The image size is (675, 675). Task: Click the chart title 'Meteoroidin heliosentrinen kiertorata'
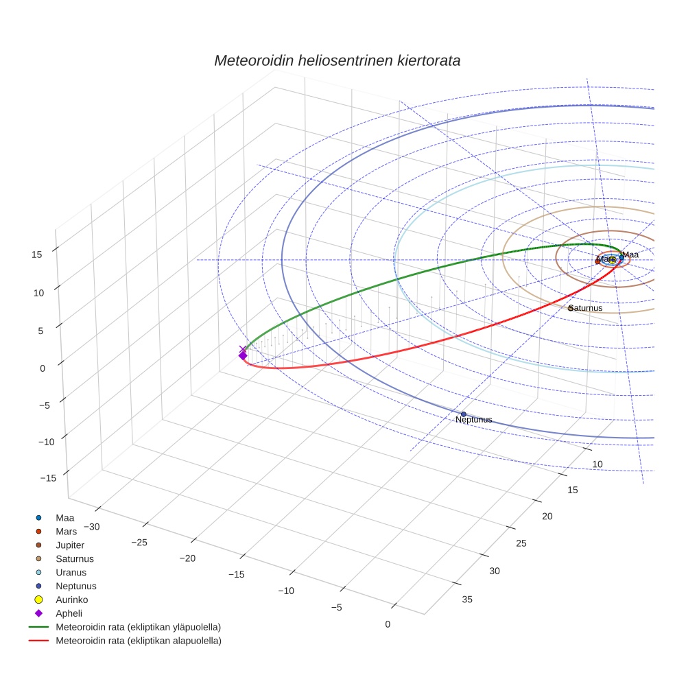click(x=337, y=60)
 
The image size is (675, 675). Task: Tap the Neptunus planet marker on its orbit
click(x=463, y=414)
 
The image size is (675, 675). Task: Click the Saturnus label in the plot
click(x=587, y=308)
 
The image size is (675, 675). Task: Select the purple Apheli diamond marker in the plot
click(x=242, y=355)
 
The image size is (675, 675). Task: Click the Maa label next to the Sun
click(x=630, y=254)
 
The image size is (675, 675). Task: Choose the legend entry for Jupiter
click(x=70, y=545)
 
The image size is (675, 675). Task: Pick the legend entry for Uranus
click(x=71, y=572)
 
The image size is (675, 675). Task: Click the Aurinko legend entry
click(x=71, y=600)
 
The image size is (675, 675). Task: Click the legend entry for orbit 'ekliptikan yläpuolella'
click(x=138, y=627)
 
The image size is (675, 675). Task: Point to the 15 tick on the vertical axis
click(x=37, y=254)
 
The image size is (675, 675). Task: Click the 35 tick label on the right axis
click(x=467, y=600)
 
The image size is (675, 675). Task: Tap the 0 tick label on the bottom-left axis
click(x=388, y=624)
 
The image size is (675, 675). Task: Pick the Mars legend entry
click(x=66, y=531)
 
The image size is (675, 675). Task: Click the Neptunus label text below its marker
click(x=473, y=420)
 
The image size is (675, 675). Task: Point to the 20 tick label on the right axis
click(x=547, y=516)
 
